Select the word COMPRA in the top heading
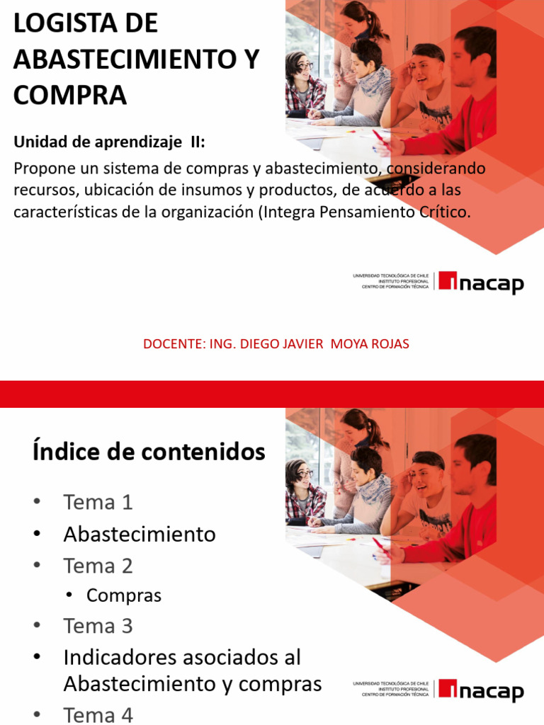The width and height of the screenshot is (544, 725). (x=70, y=95)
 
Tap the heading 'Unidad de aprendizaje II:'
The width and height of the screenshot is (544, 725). (x=109, y=142)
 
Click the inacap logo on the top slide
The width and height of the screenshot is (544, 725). (x=481, y=282)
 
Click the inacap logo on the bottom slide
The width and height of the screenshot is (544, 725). (x=481, y=691)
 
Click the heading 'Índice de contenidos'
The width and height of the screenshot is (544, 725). (x=149, y=451)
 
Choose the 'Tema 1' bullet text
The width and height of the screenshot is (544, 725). (x=98, y=502)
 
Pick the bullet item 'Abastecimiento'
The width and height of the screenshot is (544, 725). (x=139, y=534)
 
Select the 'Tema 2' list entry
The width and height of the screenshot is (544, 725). (x=98, y=566)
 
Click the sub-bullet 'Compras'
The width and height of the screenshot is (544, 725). (x=123, y=595)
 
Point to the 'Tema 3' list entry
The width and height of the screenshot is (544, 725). (x=98, y=626)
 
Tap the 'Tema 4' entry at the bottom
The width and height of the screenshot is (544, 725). (x=98, y=715)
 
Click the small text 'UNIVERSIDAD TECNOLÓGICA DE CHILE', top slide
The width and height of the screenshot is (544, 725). (x=390, y=275)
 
